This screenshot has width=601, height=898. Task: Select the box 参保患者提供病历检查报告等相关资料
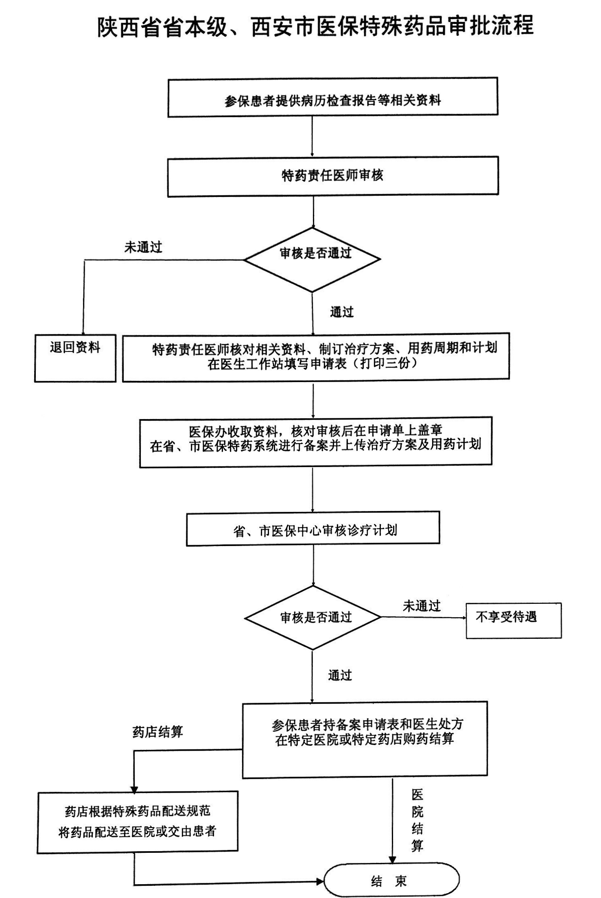tap(332, 97)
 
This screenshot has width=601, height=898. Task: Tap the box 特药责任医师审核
tap(332, 176)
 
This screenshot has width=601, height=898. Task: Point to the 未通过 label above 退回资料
tap(143, 247)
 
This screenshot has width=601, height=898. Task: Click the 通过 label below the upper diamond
tap(342, 312)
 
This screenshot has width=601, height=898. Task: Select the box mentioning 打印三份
tap(316, 357)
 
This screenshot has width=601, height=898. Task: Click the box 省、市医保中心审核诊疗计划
tap(313, 529)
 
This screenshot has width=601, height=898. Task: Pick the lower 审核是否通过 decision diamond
tap(313, 617)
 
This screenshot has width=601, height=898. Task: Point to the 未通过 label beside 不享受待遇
tap(422, 606)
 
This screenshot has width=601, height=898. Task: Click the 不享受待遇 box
tap(514, 620)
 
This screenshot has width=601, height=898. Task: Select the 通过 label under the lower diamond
tap(340, 675)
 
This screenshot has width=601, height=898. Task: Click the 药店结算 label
tap(157, 732)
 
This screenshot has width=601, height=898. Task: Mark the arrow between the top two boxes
tap(312, 136)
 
